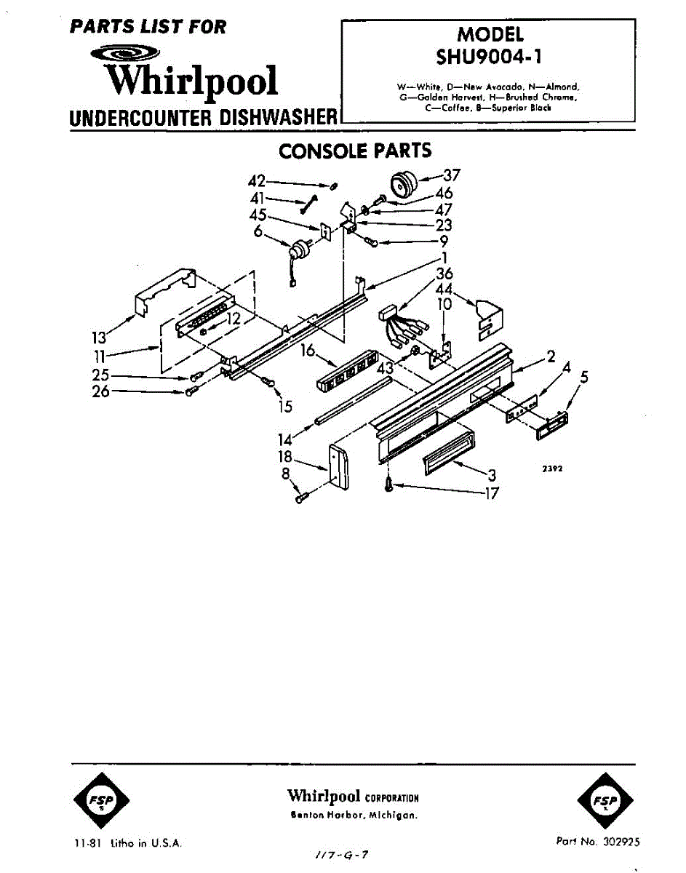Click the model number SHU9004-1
tap(490, 55)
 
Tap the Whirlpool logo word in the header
tap(191, 80)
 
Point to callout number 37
tap(452, 175)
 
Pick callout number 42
tap(257, 181)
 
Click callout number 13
tap(98, 337)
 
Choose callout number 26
tap(100, 391)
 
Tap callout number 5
tap(583, 377)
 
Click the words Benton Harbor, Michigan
tap(354, 816)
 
